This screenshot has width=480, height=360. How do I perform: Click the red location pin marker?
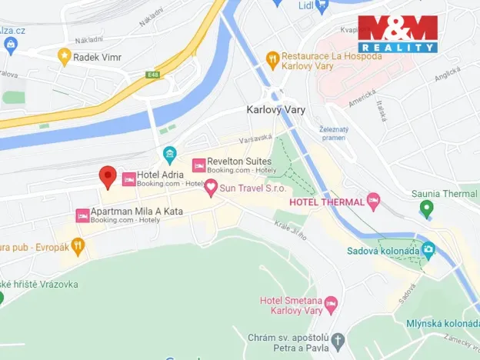(x=108, y=176)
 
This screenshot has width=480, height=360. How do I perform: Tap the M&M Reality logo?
(x=398, y=34)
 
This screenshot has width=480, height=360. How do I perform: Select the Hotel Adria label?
(x=160, y=175)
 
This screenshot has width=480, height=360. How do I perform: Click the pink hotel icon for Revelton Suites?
(x=199, y=165)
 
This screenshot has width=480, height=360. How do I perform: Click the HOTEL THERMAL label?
(x=326, y=202)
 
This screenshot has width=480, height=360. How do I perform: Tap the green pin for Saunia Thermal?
(x=426, y=207)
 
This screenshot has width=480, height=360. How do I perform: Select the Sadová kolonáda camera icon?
(x=428, y=248)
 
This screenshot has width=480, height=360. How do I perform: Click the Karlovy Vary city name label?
(x=275, y=110)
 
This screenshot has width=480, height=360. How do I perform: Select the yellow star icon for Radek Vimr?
(x=65, y=55)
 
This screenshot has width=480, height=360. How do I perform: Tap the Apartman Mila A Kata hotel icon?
(x=82, y=215)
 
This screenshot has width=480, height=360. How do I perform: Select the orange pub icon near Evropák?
(x=77, y=247)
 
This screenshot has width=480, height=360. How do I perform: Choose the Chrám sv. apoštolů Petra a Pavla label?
(x=288, y=342)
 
